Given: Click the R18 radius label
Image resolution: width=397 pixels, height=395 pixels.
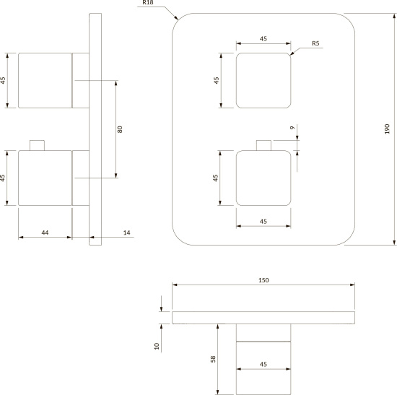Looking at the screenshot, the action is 148,3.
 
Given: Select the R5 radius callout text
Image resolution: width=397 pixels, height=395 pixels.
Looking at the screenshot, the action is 315,43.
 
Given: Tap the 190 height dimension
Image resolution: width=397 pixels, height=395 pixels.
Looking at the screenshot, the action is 387,129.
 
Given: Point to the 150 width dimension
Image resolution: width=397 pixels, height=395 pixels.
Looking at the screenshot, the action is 263,280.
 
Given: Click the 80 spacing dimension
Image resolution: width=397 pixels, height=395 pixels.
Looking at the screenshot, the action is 120,129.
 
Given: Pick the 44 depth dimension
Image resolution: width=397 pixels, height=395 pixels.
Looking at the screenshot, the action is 45,233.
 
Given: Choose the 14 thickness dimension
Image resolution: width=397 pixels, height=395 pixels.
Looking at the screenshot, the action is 126,233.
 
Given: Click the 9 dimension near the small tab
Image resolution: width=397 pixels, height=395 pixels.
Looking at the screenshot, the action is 292,127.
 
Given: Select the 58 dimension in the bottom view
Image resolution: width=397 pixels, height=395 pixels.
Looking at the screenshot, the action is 213,359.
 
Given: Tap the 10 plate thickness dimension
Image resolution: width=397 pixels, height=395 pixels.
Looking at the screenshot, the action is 157,346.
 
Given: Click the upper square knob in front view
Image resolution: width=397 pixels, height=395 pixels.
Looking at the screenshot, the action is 263,80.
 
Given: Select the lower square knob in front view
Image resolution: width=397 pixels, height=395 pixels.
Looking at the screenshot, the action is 263,178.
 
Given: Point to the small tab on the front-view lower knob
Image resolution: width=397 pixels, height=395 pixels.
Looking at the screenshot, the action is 263,145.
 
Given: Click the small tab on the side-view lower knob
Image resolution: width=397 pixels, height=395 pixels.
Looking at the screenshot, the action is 37,145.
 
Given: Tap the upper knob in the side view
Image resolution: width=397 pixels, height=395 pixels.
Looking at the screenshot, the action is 45,80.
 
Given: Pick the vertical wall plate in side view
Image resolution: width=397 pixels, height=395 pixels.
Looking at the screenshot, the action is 95,129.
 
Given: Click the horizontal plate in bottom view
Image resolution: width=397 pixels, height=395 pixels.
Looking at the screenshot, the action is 263,318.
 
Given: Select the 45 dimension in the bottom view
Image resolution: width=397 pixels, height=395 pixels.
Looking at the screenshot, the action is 263,364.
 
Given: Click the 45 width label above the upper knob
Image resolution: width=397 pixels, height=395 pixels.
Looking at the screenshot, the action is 263,39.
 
